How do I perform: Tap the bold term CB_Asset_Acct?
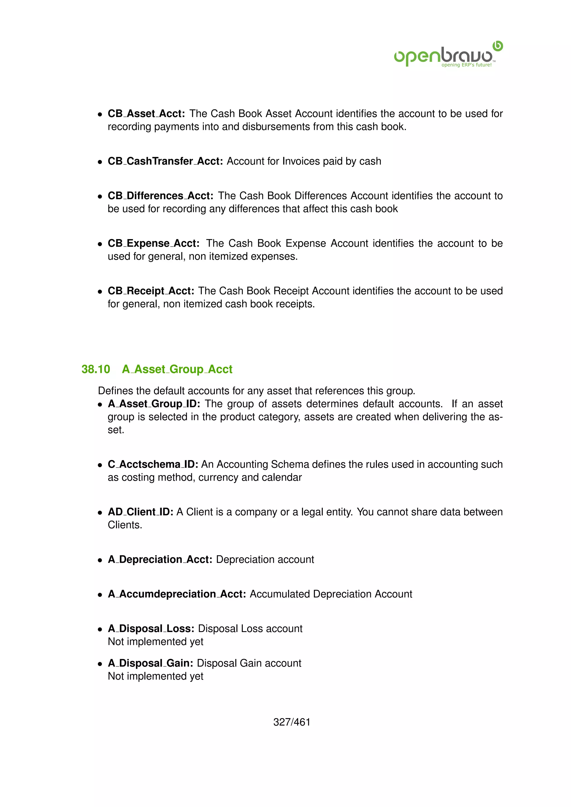[x=146, y=113]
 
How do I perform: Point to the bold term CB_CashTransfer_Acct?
[x=165, y=161]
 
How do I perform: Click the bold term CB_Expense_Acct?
[x=154, y=243]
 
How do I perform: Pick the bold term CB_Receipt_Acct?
[x=151, y=291]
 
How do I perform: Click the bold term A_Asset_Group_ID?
[x=154, y=403]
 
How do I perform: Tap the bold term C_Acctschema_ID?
[x=153, y=464]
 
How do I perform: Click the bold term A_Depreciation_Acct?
[x=160, y=559]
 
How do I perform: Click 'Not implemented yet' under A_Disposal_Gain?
[x=155, y=676]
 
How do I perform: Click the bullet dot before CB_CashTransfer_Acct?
[x=100, y=162]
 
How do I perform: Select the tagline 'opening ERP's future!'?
[x=466, y=65]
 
